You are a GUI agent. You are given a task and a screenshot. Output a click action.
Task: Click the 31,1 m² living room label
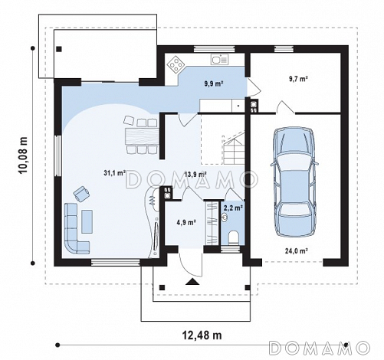tap(114, 173)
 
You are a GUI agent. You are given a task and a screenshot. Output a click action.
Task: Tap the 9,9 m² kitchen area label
tap(214, 83)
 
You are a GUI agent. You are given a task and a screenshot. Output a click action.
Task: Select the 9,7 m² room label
tap(298, 79)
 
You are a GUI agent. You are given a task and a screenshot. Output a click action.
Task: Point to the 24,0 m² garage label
tap(296, 250)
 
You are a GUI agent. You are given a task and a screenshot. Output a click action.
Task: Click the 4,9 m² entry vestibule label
tap(186, 222)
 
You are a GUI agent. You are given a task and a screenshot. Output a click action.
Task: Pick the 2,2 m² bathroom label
tap(233, 208)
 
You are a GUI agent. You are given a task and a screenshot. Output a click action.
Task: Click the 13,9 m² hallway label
tap(195, 175)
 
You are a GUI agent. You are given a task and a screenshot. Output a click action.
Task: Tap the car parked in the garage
tap(295, 182)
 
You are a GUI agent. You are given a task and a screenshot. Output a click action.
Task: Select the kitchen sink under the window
tap(219, 60)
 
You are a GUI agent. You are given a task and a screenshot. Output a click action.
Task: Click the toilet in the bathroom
tap(233, 237)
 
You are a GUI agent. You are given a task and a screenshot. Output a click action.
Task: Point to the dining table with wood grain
tap(142, 136)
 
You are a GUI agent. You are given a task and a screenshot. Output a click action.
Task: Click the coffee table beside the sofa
tap(87, 221)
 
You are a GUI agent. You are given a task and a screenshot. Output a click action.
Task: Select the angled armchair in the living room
tap(81, 194)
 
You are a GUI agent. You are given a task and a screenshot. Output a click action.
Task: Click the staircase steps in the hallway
tap(233, 150)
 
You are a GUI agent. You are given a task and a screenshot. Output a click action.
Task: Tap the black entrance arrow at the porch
tap(192, 281)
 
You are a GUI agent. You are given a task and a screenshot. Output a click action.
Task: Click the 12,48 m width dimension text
tap(202, 335)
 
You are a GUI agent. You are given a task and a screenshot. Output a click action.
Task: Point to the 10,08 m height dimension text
tap(23, 155)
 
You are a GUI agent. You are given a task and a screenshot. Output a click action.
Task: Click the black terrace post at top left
tap(59, 49)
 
